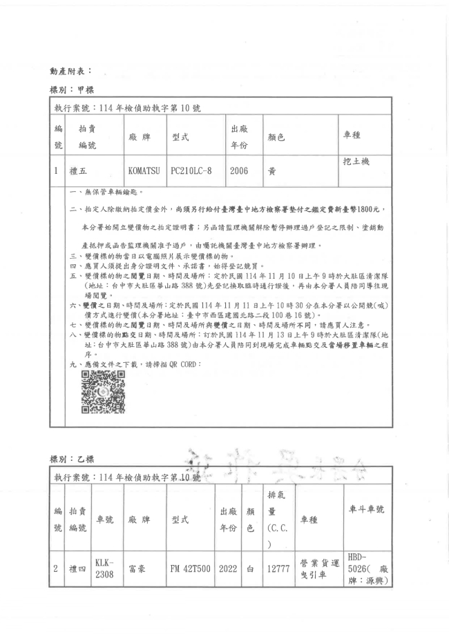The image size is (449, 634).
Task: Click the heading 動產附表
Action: point(69,70)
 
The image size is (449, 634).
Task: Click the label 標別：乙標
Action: point(70,459)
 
